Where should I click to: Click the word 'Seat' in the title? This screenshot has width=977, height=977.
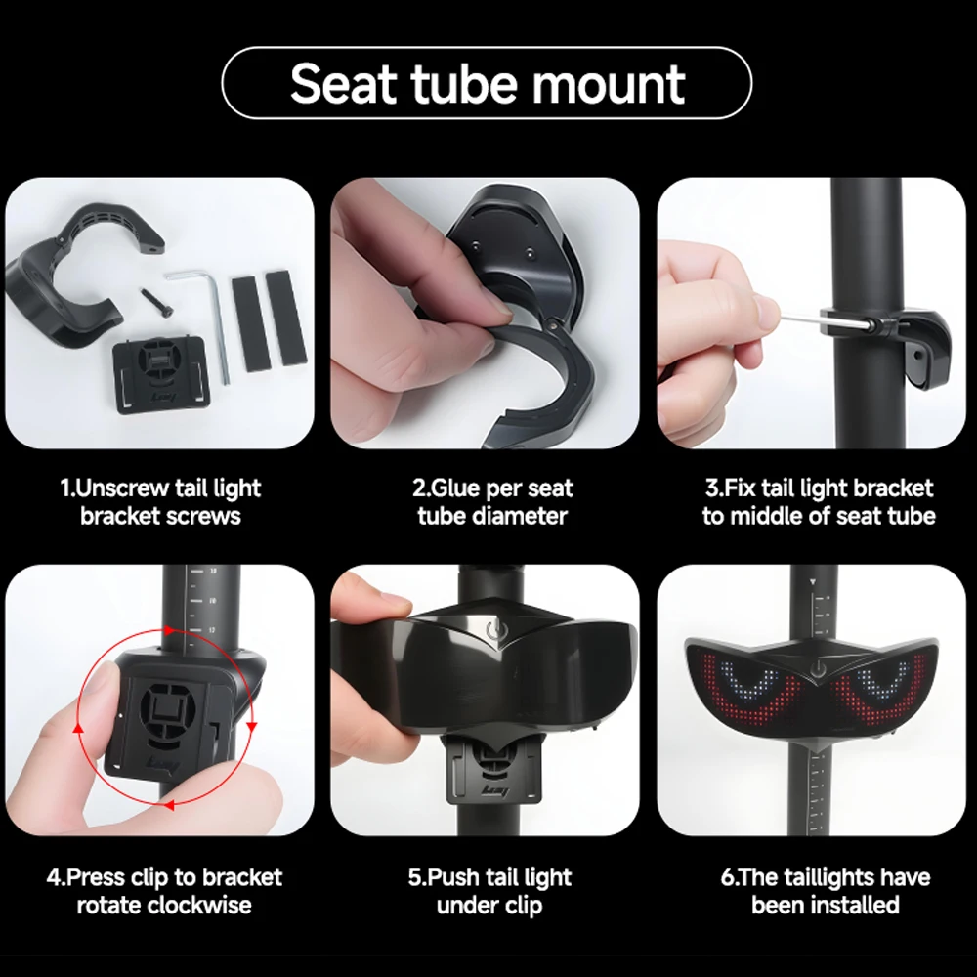pyautogui.click(x=343, y=83)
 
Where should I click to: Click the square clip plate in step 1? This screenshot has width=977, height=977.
pyautogui.click(x=160, y=374)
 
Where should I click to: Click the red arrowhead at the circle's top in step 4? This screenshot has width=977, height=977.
pyautogui.click(x=169, y=630)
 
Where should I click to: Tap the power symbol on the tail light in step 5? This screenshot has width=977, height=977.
pyautogui.click(x=494, y=631)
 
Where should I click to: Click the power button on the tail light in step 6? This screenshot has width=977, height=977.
pyautogui.click(x=818, y=670)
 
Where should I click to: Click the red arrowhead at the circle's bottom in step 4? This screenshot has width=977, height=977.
pyautogui.click(x=168, y=805)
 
